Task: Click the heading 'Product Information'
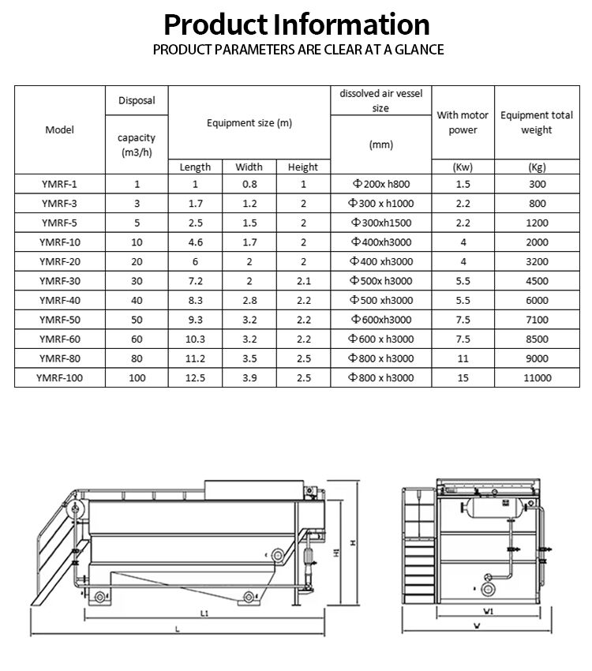[297, 24]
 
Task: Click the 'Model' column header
[59, 129]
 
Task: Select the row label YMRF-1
[59, 184]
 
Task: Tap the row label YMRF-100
[59, 377]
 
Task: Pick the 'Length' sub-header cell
[195, 167]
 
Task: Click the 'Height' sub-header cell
[303, 167]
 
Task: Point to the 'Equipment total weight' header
[537, 122]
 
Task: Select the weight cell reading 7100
[537, 319]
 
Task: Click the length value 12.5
[195, 377]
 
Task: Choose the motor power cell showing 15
[463, 377]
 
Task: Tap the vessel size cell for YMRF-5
[380, 223]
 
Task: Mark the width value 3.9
[249, 377]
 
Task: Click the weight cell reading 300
[537, 184]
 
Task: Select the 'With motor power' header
[463, 122]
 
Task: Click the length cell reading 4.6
[195, 242]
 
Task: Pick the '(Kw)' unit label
[463, 167]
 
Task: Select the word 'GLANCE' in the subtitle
[417, 50]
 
